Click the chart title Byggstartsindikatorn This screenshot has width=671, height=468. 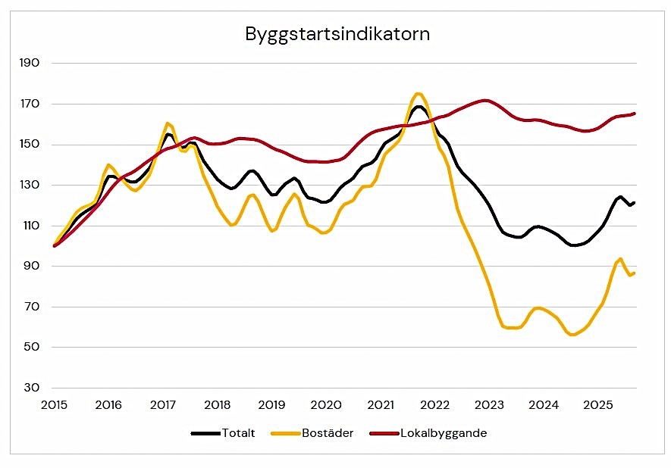[x=337, y=34]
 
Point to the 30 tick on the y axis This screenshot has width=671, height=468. [x=30, y=388]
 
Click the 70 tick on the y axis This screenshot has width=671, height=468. [x=30, y=307]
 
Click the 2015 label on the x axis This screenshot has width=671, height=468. [x=54, y=405]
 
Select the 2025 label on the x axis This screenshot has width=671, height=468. [x=597, y=405]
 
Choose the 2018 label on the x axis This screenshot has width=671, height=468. [x=217, y=405]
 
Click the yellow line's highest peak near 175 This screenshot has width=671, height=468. [x=418, y=94]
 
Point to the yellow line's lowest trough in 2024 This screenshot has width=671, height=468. [x=572, y=334]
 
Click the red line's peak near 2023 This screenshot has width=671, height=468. [x=485, y=100]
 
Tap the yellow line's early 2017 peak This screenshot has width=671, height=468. [x=168, y=123]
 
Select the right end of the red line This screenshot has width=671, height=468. [x=634, y=114]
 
